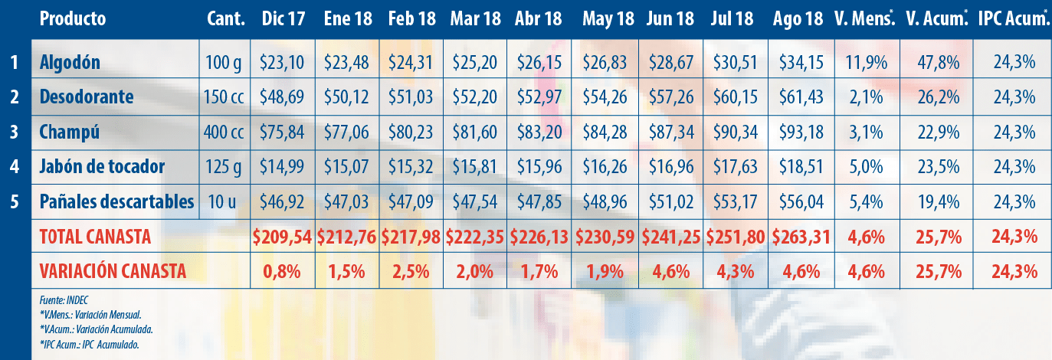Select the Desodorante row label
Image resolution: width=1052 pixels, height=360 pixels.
86,97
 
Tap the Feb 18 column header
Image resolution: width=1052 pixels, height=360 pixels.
413,19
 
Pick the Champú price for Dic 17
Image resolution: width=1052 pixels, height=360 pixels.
283,133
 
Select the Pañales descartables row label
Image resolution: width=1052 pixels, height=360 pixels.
116,202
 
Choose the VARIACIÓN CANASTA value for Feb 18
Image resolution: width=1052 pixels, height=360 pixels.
413,271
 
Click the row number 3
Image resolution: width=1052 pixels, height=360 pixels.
15,133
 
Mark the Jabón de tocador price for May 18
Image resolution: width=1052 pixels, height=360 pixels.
608,167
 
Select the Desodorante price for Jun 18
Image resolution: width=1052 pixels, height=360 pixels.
672,97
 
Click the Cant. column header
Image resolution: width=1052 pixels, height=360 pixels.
226,19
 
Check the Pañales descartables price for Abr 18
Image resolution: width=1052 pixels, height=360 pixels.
542,202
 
